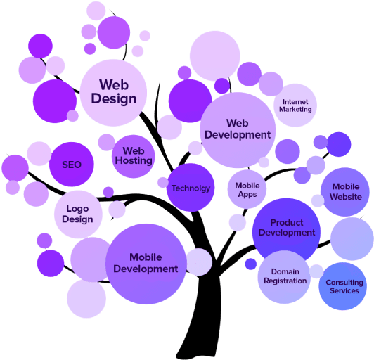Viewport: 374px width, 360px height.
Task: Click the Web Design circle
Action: pos(113,93)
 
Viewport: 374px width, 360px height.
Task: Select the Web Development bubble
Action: pos(238,130)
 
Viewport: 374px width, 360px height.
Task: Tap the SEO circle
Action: pos(72,165)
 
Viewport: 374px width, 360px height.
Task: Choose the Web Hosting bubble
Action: pos(134,156)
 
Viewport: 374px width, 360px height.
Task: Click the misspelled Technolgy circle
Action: pos(191,188)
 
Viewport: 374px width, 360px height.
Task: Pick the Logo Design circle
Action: pos(78,214)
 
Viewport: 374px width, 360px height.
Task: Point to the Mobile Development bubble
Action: pos(146,264)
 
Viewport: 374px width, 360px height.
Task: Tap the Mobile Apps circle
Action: pos(247,189)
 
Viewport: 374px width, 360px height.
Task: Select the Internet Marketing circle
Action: pos(295,105)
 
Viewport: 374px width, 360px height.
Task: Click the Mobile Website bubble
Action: pos(345,192)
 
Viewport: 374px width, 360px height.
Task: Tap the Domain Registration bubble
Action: pos(284,277)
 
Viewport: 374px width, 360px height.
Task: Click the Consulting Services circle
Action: pos(343,286)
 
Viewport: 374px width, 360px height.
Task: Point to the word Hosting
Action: pos(134,161)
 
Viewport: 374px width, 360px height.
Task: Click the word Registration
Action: pos(285,281)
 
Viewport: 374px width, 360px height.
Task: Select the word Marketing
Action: pos(295,109)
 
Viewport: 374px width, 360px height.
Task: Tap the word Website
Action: pos(346,197)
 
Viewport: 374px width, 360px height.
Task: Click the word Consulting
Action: pos(344,283)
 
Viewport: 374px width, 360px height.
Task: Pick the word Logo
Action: pos(77,209)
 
